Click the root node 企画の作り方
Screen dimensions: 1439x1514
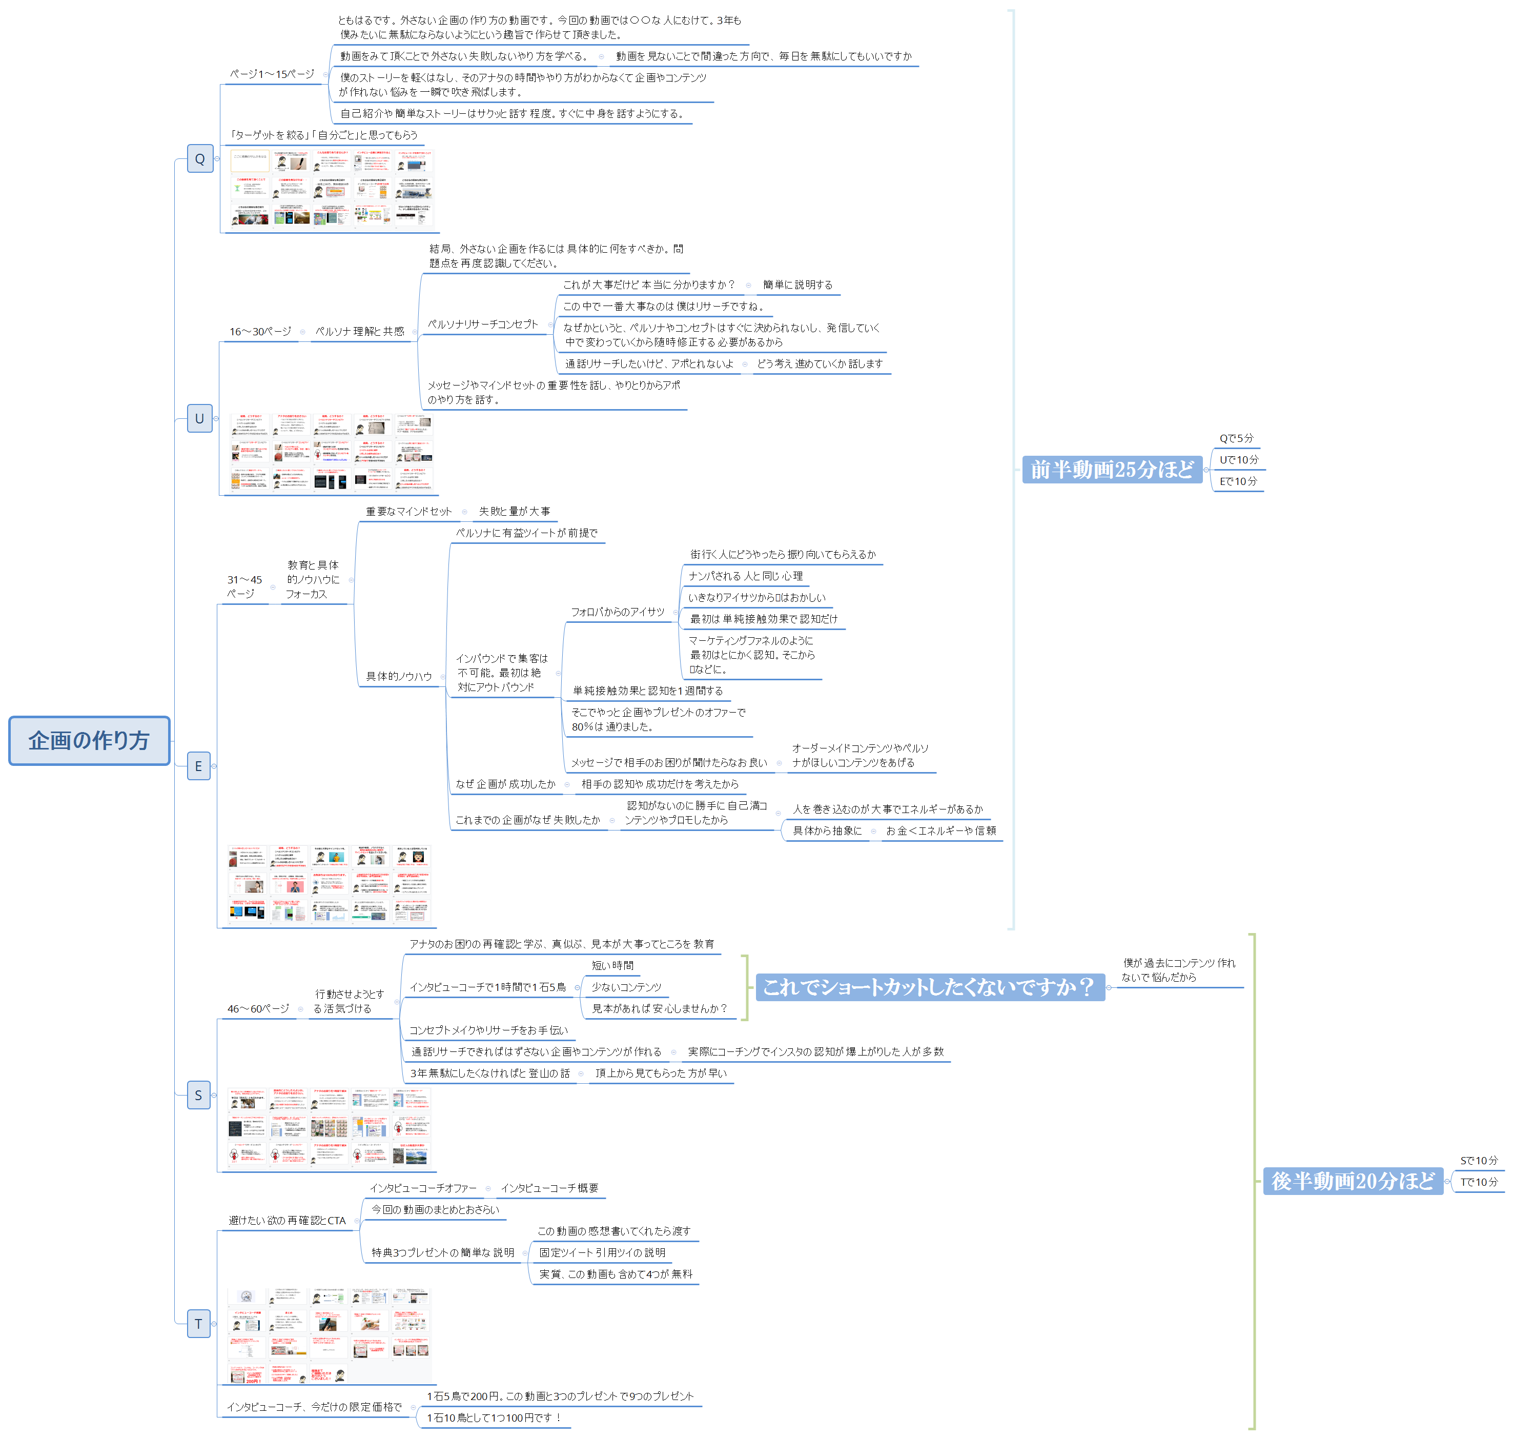(x=89, y=740)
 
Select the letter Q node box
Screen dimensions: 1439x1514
(x=200, y=159)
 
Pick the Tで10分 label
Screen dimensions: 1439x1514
(x=1479, y=1182)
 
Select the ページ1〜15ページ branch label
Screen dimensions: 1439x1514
(x=272, y=74)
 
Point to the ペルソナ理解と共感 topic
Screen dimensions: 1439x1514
(x=360, y=331)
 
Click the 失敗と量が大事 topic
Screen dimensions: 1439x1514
(x=514, y=512)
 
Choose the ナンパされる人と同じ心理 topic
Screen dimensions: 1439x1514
(x=746, y=576)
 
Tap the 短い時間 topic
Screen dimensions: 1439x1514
(x=612, y=966)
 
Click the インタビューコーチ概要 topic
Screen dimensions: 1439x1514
(x=549, y=1188)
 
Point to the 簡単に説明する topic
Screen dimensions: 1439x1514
(x=797, y=285)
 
